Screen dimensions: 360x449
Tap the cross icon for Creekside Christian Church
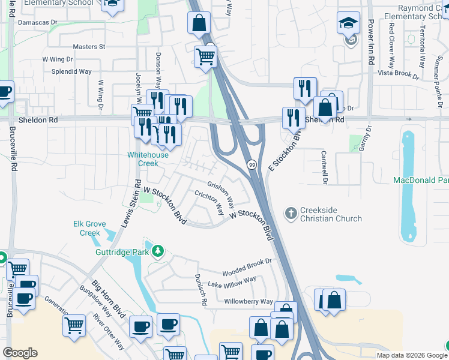point(291,213)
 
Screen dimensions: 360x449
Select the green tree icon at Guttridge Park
point(158,251)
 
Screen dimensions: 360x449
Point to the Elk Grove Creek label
point(86,228)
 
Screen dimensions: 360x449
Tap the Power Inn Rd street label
point(370,37)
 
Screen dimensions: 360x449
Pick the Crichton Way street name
point(209,203)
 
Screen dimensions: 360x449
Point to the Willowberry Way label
point(249,301)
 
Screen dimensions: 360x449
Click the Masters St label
point(88,46)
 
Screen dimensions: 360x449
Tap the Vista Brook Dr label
point(397,74)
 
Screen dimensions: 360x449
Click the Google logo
point(20,353)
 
